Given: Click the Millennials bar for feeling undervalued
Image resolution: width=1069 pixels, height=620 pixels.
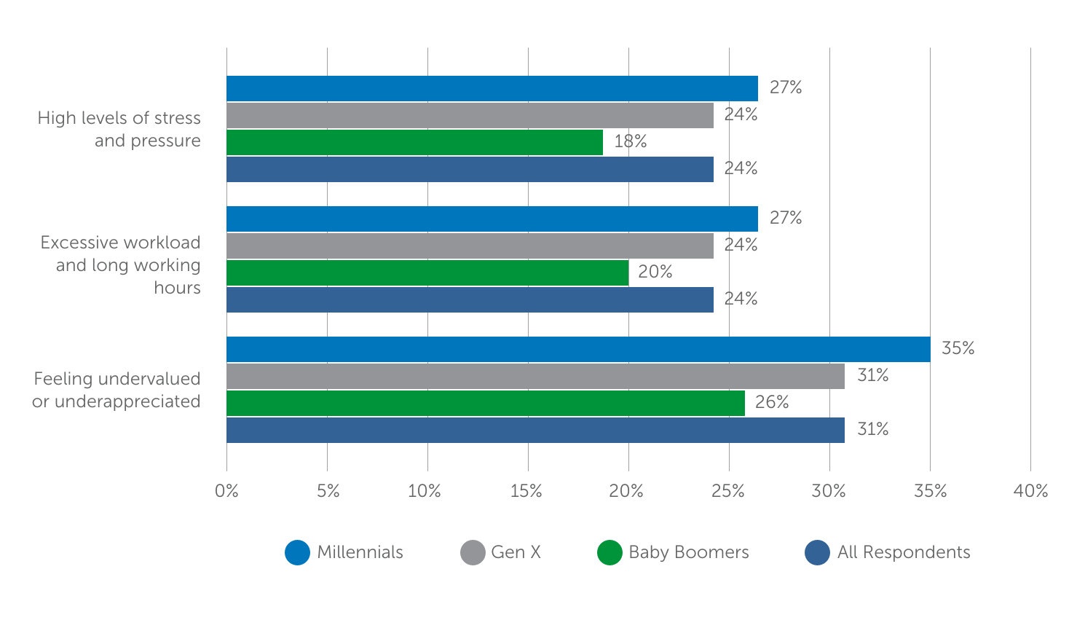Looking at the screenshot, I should [578, 350].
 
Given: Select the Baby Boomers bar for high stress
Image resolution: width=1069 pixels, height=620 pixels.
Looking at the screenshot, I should [414, 143].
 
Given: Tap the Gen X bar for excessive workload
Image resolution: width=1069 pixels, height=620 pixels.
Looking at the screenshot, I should [470, 246].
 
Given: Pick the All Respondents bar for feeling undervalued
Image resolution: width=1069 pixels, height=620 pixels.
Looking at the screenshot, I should [535, 431].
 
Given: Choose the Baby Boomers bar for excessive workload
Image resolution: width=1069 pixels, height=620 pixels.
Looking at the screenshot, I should [427, 273].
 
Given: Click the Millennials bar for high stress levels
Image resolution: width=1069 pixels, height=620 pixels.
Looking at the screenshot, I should [492, 89].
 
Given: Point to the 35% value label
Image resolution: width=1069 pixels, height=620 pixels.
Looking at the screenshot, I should [958, 349].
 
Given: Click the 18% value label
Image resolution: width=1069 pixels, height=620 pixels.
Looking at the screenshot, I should [630, 142].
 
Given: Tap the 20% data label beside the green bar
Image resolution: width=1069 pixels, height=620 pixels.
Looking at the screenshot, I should [655, 272].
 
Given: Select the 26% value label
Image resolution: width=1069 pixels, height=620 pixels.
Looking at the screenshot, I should [772, 403].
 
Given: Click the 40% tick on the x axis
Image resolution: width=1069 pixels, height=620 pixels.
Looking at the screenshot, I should [1030, 492].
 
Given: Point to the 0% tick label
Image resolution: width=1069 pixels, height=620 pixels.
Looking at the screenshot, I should [226, 492].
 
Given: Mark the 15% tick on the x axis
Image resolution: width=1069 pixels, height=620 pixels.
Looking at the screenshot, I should [526, 492].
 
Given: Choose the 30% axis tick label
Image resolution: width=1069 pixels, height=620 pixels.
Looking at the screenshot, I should [829, 492].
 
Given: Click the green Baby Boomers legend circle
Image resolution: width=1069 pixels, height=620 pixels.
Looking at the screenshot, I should [610, 553].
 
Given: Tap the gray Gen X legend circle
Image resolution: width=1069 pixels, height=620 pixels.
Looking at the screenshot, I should [473, 553].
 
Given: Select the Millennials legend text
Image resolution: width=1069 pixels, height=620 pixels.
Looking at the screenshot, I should [360, 553].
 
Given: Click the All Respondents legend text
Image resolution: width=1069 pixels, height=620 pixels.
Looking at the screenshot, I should [903, 553].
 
